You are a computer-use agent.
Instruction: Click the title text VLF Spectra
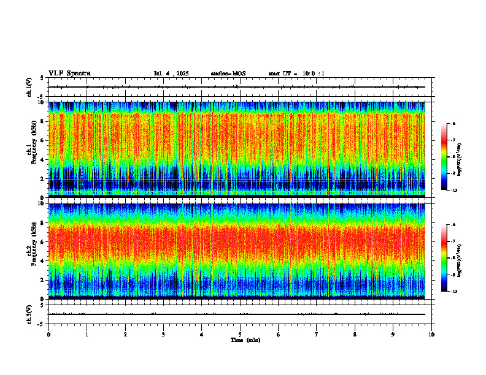click(69, 74)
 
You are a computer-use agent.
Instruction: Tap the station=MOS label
click(228, 74)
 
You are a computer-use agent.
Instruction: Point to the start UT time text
click(296, 74)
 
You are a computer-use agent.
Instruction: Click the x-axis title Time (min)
click(245, 340)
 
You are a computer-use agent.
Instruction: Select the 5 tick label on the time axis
click(241, 335)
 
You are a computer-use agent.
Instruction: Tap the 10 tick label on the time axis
click(431, 335)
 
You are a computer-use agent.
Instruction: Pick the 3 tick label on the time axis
click(164, 335)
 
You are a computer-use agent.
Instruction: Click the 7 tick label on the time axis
click(317, 335)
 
